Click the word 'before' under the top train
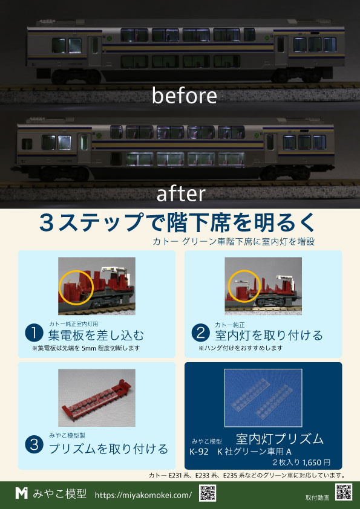point(184,96)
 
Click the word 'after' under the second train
point(181,194)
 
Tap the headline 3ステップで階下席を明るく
point(177,223)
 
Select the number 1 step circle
point(34,334)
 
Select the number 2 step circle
point(201,334)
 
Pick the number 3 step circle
point(34,445)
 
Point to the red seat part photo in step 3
point(97,398)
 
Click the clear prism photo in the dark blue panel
point(263,398)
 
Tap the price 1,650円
point(316,462)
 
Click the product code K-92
point(199,452)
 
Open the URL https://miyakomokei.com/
point(143,495)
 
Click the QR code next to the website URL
point(208,493)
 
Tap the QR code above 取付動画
point(344,492)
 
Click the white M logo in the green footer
point(21,493)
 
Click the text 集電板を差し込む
point(96,336)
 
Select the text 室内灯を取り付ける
point(269,336)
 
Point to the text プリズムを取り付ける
point(108,449)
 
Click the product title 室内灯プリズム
point(280,439)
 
